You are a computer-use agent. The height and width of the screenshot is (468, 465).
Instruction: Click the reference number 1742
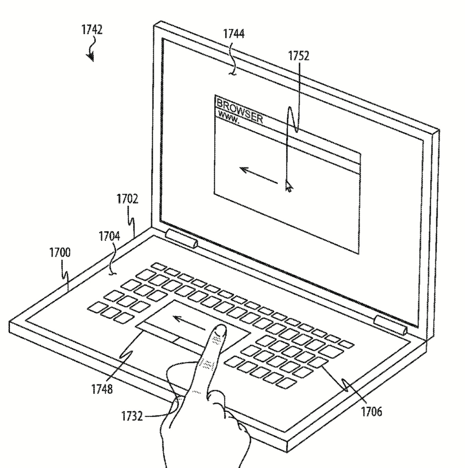(x=92, y=30)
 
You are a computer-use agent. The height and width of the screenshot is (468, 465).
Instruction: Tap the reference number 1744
(x=234, y=34)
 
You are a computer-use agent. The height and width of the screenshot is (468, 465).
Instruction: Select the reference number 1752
(x=298, y=56)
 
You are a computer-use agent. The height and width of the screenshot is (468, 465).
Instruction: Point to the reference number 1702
(x=128, y=199)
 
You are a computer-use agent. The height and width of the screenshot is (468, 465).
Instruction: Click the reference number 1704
(x=109, y=236)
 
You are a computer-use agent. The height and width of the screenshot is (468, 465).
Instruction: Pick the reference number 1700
(x=60, y=252)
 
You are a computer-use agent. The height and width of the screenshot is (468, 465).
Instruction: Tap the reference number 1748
(x=102, y=389)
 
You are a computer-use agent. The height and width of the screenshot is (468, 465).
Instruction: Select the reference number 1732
(x=132, y=416)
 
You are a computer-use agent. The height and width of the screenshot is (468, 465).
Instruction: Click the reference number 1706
(x=371, y=411)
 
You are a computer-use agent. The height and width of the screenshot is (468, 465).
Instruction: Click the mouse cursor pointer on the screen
(x=289, y=186)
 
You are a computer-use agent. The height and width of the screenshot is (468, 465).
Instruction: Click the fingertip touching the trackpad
(x=219, y=331)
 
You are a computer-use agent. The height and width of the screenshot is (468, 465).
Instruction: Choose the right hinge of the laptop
(x=391, y=325)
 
